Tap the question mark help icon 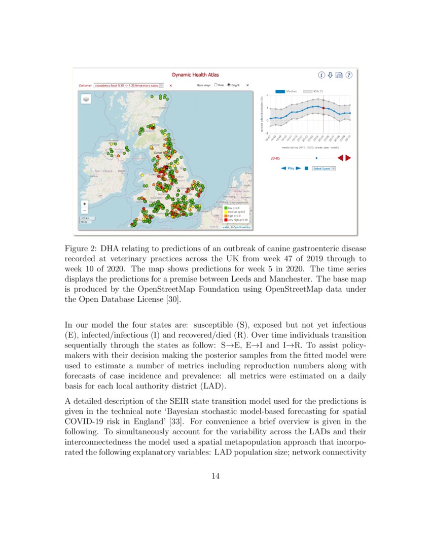pyautogui.click(x=349, y=75)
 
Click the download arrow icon pyautogui.click(x=330, y=75)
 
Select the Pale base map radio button pyautogui.click(x=216, y=85)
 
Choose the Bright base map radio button pyautogui.click(x=229, y=85)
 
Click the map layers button pyautogui.click(x=86, y=99)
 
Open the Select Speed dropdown pyautogui.click(x=324, y=168)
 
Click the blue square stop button pyautogui.click(x=306, y=168)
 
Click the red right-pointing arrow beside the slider pyautogui.click(x=348, y=158)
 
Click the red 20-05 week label pyautogui.click(x=274, y=158)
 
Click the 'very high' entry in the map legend pyautogui.click(x=236, y=220)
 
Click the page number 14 pyautogui.click(x=215, y=476)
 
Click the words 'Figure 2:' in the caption pyautogui.click(x=81, y=249)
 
